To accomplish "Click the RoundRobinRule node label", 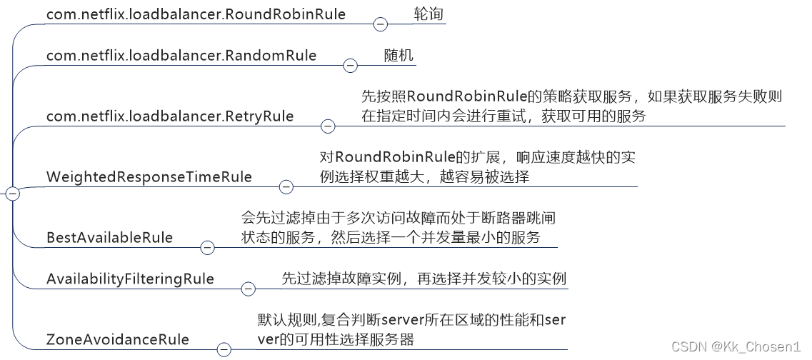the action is [196, 14].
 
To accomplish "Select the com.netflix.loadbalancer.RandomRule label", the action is [181, 55].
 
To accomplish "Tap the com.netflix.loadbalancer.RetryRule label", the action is [170, 116].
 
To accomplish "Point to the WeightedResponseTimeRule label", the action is [149, 176].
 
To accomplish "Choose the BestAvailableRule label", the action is [109, 237].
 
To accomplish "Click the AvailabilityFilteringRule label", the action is [130, 279].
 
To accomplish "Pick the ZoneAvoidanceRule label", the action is [118, 339].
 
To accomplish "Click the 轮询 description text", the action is [428, 14].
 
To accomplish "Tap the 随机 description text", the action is [398, 55].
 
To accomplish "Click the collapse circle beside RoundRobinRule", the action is [381, 24].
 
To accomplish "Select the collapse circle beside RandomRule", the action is [350, 66].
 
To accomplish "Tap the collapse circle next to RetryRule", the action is [328, 126].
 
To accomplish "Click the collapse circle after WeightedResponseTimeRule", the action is [286, 187].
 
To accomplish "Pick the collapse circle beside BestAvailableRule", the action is [207, 248].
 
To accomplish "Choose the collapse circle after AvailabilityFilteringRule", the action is [249, 289].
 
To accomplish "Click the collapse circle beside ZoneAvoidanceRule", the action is [224, 349].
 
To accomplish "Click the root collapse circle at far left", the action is [11, 193].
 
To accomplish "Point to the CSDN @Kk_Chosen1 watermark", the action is [736, 346].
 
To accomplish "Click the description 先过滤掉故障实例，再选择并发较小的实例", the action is [423, 278].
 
